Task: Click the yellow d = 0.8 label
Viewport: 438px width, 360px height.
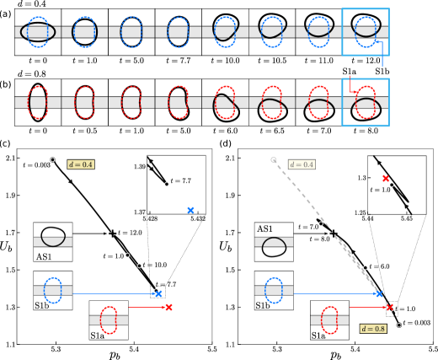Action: click(x=373, y=329)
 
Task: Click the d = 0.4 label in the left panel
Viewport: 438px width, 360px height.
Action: click(x=81, y=164)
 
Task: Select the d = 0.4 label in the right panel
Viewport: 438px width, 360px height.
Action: click(x=302, y=164)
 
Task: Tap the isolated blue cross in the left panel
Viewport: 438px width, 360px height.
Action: click(x=190, y=210)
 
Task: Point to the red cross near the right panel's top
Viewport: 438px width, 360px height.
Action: click(x=386, y=179)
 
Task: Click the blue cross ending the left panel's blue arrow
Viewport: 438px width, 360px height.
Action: click(x=158, y=293)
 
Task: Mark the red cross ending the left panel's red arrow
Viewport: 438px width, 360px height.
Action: click(x=168, y=307)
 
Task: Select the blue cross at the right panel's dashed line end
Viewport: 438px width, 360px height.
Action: click(x=379, y=293)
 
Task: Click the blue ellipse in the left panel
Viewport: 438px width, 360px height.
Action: click(x=53, y=290)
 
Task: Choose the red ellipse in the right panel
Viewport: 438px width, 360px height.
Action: click(x=329, y=320)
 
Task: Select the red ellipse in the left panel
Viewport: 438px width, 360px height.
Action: click(x=109, y=320)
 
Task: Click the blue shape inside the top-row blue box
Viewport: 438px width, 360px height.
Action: click(x=366, y=31)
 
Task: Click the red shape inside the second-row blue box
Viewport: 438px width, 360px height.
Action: click(x=366, y=102)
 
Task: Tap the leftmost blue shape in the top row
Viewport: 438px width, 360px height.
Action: click(x=38, y=31)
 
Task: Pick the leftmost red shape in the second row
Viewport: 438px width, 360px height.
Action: click(x=38, y=102)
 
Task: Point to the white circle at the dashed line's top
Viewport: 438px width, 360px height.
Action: click(x=273, y=159)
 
